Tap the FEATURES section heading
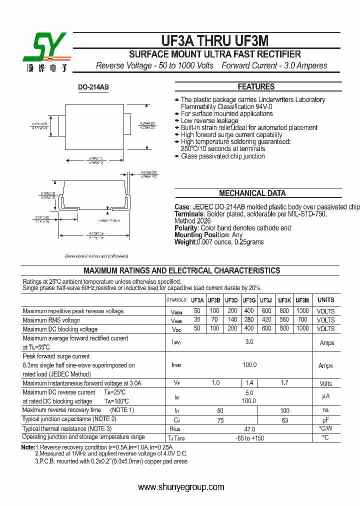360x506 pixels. [256, 86]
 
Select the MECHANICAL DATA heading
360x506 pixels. [252, 193]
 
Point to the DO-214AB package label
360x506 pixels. [93, 87]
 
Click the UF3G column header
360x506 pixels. [249, 300]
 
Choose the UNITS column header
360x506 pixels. [325, 300]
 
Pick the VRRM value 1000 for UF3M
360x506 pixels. [302, 310]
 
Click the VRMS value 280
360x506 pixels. [249, 320]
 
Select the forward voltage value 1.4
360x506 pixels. [249, 383]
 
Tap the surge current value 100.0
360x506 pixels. [249, 365]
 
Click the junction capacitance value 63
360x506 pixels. [285, 420]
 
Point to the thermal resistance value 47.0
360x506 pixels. [249, 429]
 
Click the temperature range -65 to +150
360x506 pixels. [249, 438]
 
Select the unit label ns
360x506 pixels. [325, 410]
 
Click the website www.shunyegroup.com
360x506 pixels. [181, 487]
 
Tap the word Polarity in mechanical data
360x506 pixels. [186, 228]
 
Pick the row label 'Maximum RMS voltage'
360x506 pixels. [51, 320]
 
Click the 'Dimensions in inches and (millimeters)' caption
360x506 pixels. [96, 255]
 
